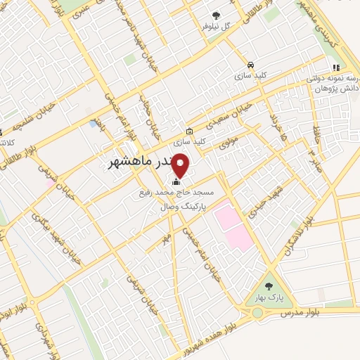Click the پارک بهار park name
pyautogui.click(x=269, y=297)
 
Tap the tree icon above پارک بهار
pyautogui.click(x=269, y=287)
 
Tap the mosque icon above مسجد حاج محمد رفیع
pyautogui.click(x=176, y=182)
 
